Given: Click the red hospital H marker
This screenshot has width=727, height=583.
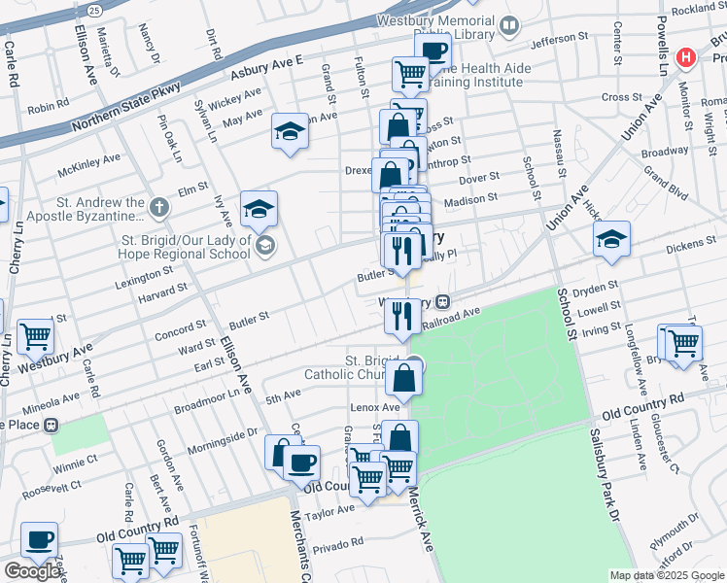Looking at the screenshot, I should pyautogui.click(x=687, y=58).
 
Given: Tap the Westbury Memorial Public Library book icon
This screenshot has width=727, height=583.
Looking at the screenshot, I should pyautogui.click(x=509, y=25).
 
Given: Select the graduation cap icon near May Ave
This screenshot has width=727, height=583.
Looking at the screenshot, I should pyautogui.click(x=290, y=132).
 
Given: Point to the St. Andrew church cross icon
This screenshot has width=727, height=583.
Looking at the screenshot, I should pyautogui.click(x=160, y=207).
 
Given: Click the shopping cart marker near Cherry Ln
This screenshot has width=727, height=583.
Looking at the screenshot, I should pyautogui.click(x=35, y=336).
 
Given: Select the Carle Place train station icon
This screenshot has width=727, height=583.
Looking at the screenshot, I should pyautogui.click(x=51, y=426).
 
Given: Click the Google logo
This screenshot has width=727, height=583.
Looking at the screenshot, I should pyautogui.click(x=32, y=571).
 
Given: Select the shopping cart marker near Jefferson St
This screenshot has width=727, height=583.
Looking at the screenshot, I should pyautogui.click(x=411, y=72).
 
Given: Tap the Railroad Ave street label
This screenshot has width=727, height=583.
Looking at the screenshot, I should pyautogui.click(x=457, y=313).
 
